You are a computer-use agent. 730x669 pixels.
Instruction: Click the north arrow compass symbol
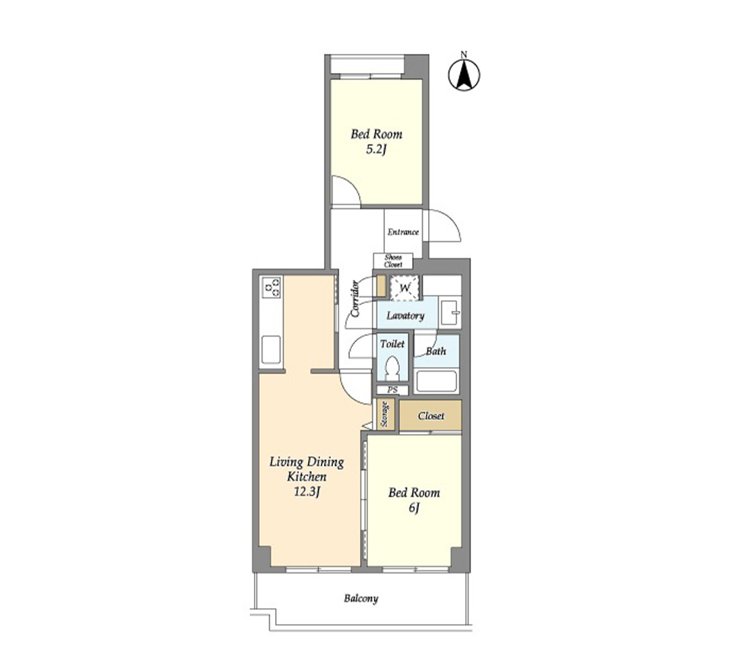(464, 74)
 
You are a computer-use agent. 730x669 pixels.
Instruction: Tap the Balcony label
(360, 598)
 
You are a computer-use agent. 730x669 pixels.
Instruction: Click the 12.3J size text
(306, 492)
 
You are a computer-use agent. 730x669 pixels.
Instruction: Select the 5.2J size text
(376, 150)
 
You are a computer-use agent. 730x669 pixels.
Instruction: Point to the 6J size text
(414, 508)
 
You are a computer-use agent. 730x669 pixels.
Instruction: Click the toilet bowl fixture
(393, 368)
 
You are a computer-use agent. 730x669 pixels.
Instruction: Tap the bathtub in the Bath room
(436, 382)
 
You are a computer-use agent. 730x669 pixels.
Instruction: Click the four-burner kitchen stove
(271, 287)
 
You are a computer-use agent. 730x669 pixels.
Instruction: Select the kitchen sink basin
(271, 350)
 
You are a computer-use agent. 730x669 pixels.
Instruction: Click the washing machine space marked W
(405, 287)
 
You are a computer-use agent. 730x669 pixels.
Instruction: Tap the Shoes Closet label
(393, 261)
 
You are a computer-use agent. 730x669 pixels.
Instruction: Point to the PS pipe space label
(392, 390)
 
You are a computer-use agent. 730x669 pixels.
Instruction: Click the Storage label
(385, 414)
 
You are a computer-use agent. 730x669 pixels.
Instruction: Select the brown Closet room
(430, 415)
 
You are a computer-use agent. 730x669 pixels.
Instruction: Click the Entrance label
(403, 232)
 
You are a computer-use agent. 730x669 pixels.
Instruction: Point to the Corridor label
(355, 299)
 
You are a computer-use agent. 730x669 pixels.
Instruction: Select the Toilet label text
(392, 344)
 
